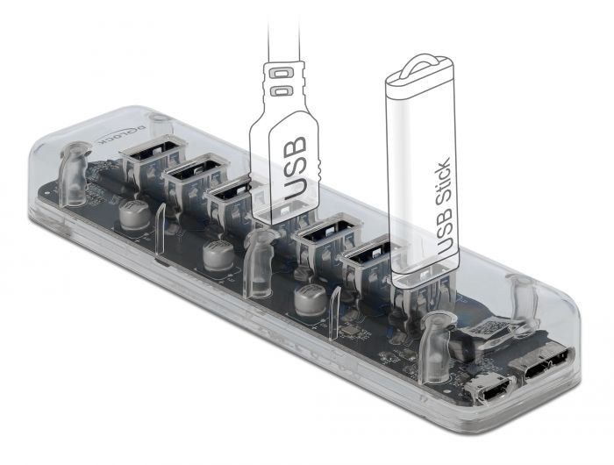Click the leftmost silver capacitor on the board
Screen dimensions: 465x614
135,216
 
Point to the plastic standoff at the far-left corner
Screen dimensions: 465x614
75,171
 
